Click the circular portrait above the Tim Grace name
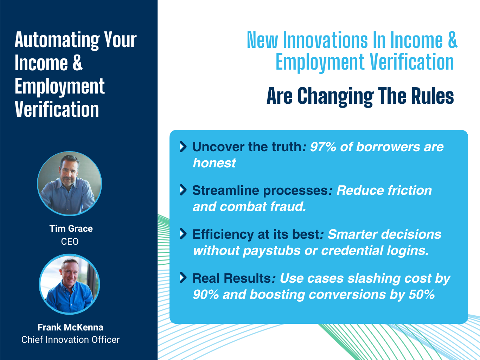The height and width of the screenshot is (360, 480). (x=69, y=184)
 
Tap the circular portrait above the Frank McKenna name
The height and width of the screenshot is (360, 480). (x=69, y=284)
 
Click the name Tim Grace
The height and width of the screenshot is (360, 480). (x=71, y=229)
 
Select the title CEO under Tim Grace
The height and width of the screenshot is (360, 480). (x=70, y=242)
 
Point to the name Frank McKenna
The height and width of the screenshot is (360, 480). (x=70, y=327)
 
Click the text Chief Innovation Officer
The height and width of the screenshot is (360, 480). (x=70, y=340)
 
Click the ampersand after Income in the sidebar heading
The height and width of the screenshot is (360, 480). (x=77, y=63)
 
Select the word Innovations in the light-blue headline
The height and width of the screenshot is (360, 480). (x=326, y=40)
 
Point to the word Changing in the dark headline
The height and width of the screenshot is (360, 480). (x=335, y=97)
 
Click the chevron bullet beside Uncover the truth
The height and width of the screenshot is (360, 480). (x=183, y=147)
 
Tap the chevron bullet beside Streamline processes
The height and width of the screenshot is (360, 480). (x=183, y=190)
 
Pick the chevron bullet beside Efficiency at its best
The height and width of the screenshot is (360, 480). (x=183, y=234)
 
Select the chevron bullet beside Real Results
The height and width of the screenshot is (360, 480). (x=183, y=278)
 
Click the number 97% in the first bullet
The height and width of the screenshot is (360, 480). (x=323, y=147)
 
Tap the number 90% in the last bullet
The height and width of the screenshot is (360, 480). (x=206, y=294)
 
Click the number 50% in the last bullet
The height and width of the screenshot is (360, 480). (x=422, y=294)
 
